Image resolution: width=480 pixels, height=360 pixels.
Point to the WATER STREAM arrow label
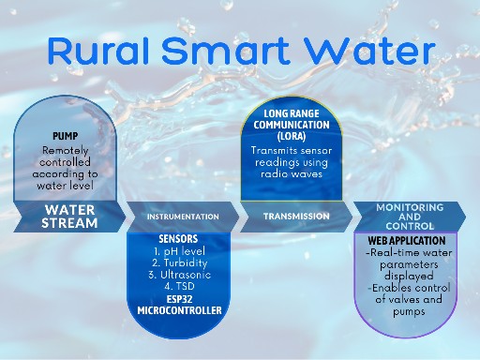click(68, 216)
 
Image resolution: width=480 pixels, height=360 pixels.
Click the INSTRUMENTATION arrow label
click(183, 217)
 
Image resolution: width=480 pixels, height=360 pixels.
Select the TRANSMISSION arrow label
click(296, 216)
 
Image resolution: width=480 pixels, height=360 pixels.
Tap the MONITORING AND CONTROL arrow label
click(409, 216)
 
